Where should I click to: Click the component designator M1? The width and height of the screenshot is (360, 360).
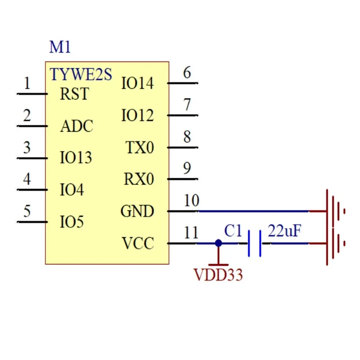pos(60,47)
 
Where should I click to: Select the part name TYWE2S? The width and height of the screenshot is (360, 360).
pos(81,75)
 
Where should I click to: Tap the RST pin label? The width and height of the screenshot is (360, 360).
pos(74,94)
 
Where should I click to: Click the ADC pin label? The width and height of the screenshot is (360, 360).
pos(77,126)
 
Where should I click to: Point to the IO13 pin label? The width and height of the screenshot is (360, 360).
pos(76,158)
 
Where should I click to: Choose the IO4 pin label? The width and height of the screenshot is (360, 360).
pos(72,190)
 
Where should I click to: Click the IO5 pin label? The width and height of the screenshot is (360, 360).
pos(72,222)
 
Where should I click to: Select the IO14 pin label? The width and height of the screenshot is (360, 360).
pos(138,84)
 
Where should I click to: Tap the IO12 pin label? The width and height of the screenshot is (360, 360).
pos(138,116)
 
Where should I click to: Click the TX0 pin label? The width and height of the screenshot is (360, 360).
pos(140,148)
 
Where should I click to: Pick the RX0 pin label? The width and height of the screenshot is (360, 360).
pos(139,179)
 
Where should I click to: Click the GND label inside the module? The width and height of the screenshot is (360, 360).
pos(137,211)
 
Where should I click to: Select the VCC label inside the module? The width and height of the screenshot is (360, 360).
pos(138,244)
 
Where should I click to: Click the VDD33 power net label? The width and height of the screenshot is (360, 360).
pos(219,275)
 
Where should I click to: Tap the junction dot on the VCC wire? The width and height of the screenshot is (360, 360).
pos(218,243)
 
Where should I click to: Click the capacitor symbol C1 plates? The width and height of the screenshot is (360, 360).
pos(255,244)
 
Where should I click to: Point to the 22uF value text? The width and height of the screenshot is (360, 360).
pos(284,231)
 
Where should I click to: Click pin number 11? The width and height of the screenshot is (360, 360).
pos(191,233)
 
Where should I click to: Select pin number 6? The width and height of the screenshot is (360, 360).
pos(187,73)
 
